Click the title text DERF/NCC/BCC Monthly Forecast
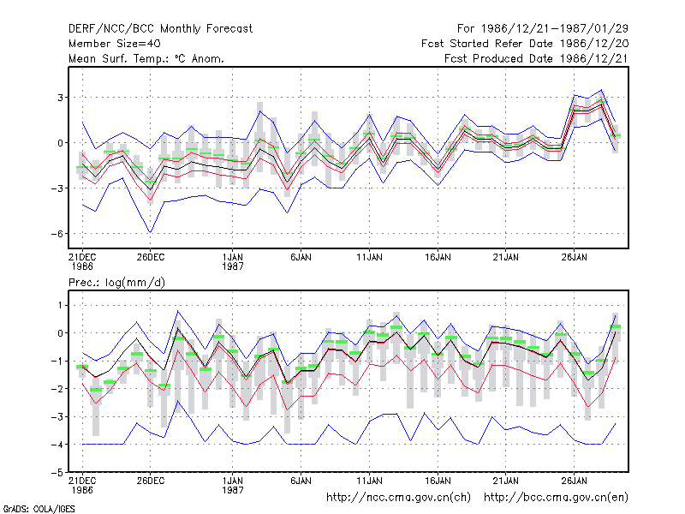pyautogui.click(x=160, y=29)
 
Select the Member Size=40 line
pyautogui.click(x=115, y=44)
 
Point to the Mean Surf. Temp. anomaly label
pyautogui.click(x=146, y=58)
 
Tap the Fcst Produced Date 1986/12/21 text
pyautogui.click(x=536, y=58)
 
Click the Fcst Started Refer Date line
pyautogui.click(x=525, y=44)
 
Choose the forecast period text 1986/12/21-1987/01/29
pyautogui.click(x=554, y=29)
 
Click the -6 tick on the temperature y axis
pyautogui.click(x=57, y=234)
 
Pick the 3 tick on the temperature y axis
pyautogui.click(x=60, y=98)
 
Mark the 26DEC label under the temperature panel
pyautogui.click(x=151, y=257)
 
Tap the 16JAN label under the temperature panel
pyautogui.click(x=438, y=257)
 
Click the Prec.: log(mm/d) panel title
pyautogui.click(x=116, y=283)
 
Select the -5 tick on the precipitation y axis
pyautogui.click(x=57, y=473)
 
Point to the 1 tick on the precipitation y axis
pyautogui.click(x=60, y=305)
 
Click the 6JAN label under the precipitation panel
pyautogui.click(x=301, y=481)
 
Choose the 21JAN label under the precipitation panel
pyautogui.click(x=506, y=481)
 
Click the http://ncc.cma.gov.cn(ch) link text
pyautogui.click(x=398, y=498)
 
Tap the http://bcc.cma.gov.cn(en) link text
pyautogui.click(x=556, y=498)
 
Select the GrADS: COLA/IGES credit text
pyautogui.click(x=39, y=509)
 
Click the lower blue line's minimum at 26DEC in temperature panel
pyautogui.click(x=151, y=232)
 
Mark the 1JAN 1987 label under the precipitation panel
pyautogui.click(x=232, y=485)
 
